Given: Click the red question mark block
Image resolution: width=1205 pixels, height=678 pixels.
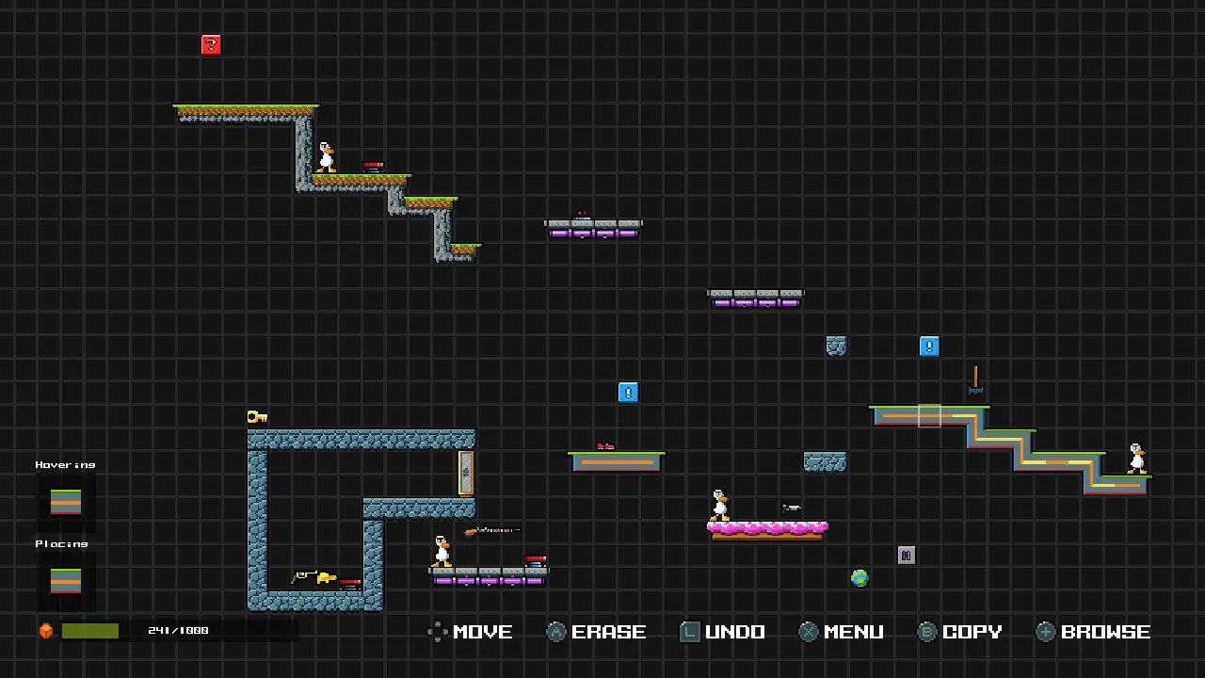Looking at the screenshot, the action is pos(211,45).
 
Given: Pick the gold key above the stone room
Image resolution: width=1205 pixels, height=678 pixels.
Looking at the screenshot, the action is pos(257,416).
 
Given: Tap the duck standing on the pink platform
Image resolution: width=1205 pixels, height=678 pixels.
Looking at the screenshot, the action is pos(720,505).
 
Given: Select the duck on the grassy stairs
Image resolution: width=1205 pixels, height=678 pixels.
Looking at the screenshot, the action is pos(326,157).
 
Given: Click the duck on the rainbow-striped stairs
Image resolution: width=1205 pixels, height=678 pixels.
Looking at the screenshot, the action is pos(1137,458).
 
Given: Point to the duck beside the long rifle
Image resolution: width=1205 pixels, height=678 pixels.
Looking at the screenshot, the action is pos(442,551).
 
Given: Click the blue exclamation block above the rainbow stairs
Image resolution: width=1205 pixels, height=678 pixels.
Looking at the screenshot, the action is pos(929,347).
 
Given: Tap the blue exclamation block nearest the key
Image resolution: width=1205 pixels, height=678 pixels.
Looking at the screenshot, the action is pos(628,393).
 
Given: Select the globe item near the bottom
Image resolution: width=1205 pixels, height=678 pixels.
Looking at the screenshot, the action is pos(860,578).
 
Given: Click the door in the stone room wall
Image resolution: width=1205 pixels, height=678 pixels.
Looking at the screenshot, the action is pos(465,473).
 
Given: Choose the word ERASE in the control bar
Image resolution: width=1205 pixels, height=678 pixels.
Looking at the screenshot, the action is pos(608,632).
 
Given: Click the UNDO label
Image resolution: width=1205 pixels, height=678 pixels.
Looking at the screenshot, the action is pos(734,632).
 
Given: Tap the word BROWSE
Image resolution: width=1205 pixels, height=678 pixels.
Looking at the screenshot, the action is pos(1105,632).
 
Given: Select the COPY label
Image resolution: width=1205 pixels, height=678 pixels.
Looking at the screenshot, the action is pos(972,632).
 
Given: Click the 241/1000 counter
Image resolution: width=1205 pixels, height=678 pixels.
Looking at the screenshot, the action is pos(178,631).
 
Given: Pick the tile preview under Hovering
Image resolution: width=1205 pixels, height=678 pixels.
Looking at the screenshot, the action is pos(66,502).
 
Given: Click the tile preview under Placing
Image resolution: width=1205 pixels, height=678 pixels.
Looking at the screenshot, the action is pos(66,581).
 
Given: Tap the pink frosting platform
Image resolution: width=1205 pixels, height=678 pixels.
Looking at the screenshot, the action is pos(767,529).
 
